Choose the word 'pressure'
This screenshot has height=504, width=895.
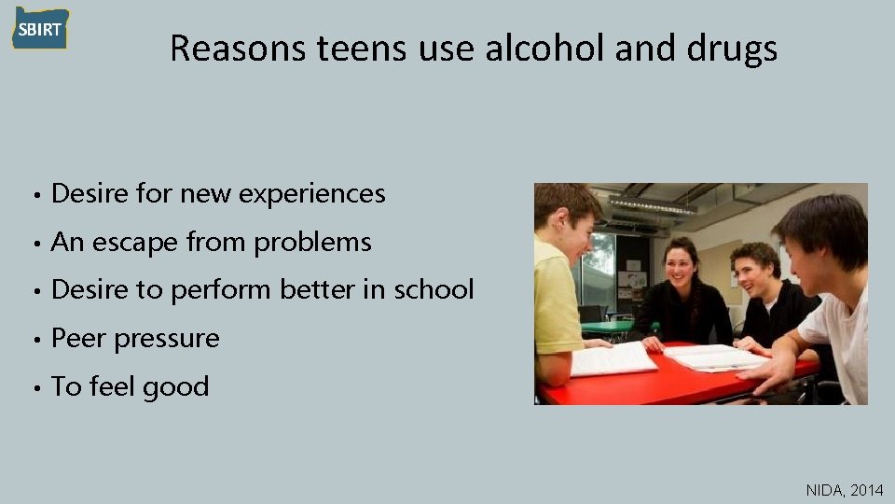click(167, 339)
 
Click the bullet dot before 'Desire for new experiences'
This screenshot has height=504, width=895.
click(34, 195)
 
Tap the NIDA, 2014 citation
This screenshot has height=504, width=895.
click(844, 488)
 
